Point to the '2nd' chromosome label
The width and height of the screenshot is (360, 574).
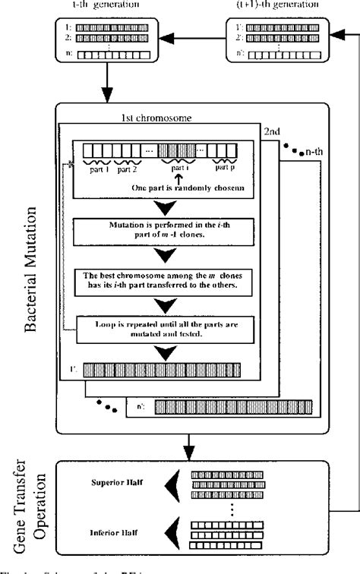pyautogui.click(x=273, y=132)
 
